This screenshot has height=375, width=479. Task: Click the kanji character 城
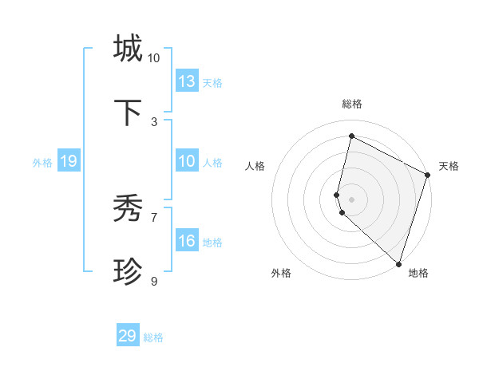(128, 48)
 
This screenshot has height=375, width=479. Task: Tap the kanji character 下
(128, 112)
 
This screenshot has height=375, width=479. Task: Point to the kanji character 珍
(128, 272)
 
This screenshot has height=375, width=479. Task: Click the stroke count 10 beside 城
(154, 58)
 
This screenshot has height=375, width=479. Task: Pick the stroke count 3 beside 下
(154, 122)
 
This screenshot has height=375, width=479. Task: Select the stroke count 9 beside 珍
(154, 281)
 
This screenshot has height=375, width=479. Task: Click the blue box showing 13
(187, 81)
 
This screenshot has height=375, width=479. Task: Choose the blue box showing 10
(187, 161)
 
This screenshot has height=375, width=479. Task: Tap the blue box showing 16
(187, 241)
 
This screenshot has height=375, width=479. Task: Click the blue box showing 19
(69, 161)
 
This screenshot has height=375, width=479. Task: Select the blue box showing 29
(128, 336)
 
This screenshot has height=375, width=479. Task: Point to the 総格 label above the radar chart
(352, 104)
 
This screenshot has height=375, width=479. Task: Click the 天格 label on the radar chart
(449, 166)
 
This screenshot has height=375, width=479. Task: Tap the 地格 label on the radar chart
(418, 273)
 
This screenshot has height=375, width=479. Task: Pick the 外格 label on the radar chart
(281, 273)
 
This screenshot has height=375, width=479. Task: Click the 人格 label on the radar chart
(255, 166)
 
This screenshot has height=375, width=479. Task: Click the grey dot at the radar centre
(352, 198)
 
